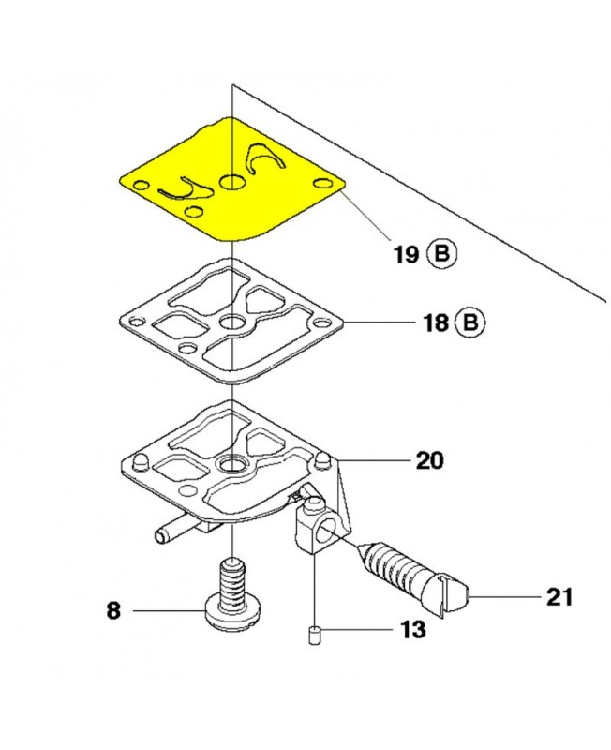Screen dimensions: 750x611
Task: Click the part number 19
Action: [405, 253]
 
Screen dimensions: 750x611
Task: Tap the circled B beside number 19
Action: [442, 253]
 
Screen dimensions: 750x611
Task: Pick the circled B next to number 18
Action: [469, 324]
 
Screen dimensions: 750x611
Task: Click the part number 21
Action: [558, 596]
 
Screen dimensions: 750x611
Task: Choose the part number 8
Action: [112, 611]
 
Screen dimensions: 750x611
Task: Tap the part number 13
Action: [413, 629]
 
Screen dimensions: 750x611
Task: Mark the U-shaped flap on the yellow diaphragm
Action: [184, 191]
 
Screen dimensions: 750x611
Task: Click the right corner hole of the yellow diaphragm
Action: [323, 181]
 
